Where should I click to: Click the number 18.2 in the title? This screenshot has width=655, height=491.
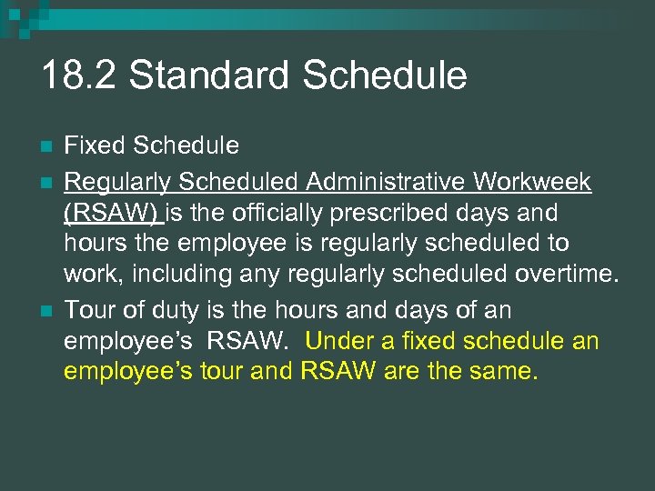pyautogui.click(x=77, y=76)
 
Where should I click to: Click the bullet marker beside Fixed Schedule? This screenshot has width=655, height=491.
pyautogui.click(x=47, y=146)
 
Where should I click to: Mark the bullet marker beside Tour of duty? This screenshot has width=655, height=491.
pyautogui.click(x=47, y=311)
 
